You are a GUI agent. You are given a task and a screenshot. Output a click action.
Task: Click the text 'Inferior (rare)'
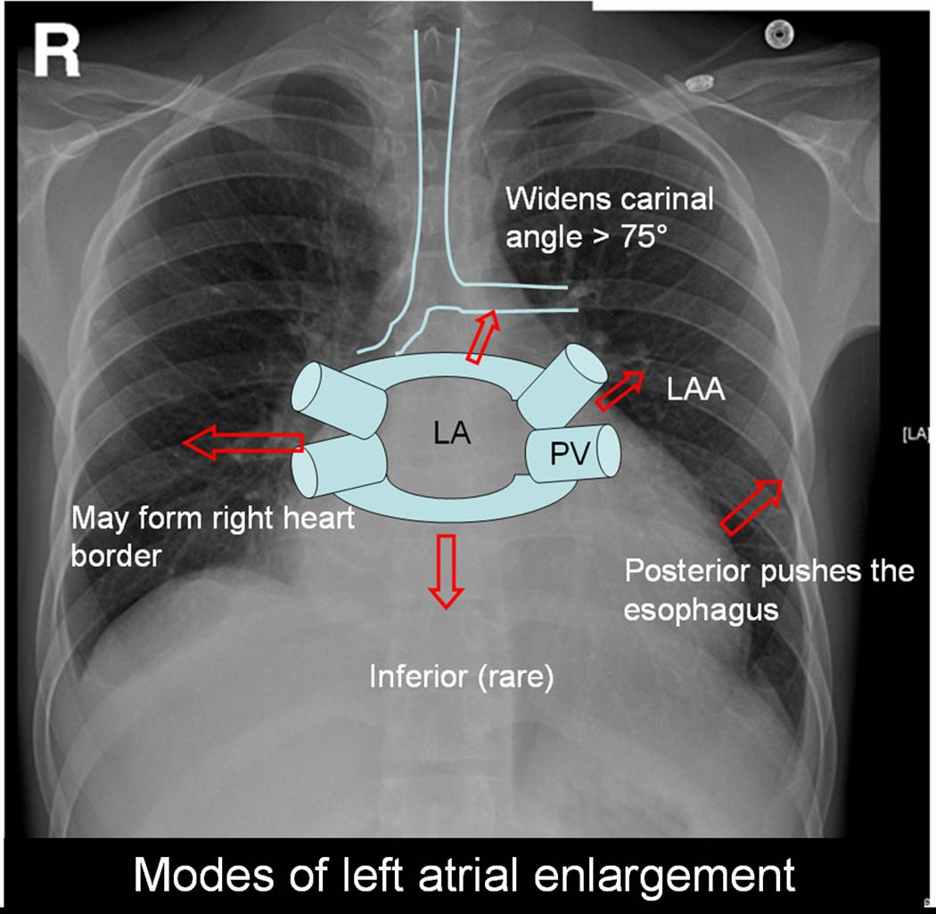(462, 678)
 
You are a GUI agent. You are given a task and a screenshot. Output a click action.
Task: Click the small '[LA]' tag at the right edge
(917, 434)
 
